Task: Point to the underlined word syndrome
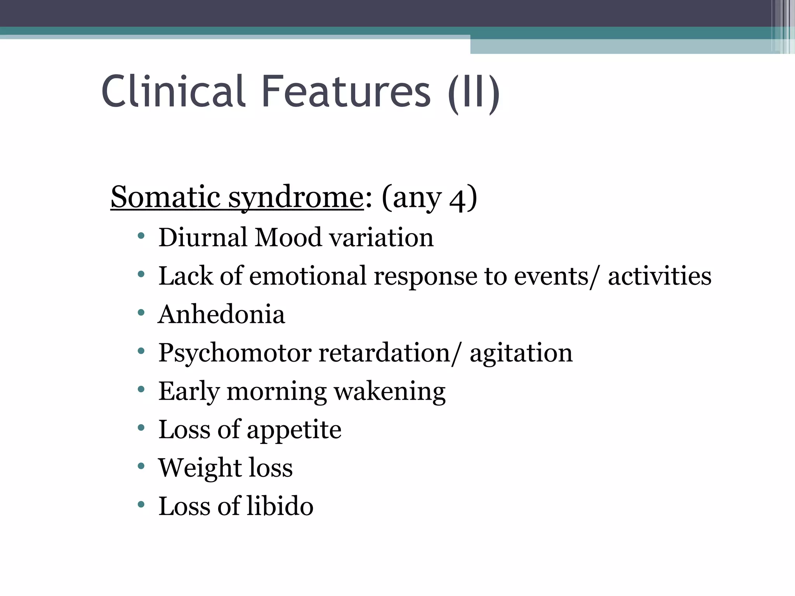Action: tap(295, 198)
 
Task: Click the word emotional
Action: tap(308, 275)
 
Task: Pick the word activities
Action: tap(660, 275)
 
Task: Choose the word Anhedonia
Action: tap(221, 314)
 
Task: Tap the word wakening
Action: tap(390, 391)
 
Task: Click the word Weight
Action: tap(198, 468)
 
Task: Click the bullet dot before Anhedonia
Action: tap(141, 312)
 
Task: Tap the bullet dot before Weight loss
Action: tap(141, 466)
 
